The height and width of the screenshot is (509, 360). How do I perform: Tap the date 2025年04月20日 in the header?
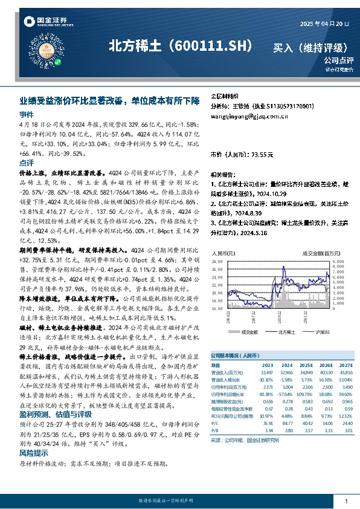pyautogui.click(x=325, y=24)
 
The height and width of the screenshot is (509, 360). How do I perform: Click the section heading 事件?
pyautogui.click(x=27, y=114)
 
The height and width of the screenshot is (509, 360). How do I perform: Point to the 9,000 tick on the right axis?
pyautogui.click(x=338, y=261)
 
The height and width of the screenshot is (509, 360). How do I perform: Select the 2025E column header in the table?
pyautogui.click(x=307, y=365)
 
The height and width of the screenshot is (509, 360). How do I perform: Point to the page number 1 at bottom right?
pyautogui.click(x=346, y=502)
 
